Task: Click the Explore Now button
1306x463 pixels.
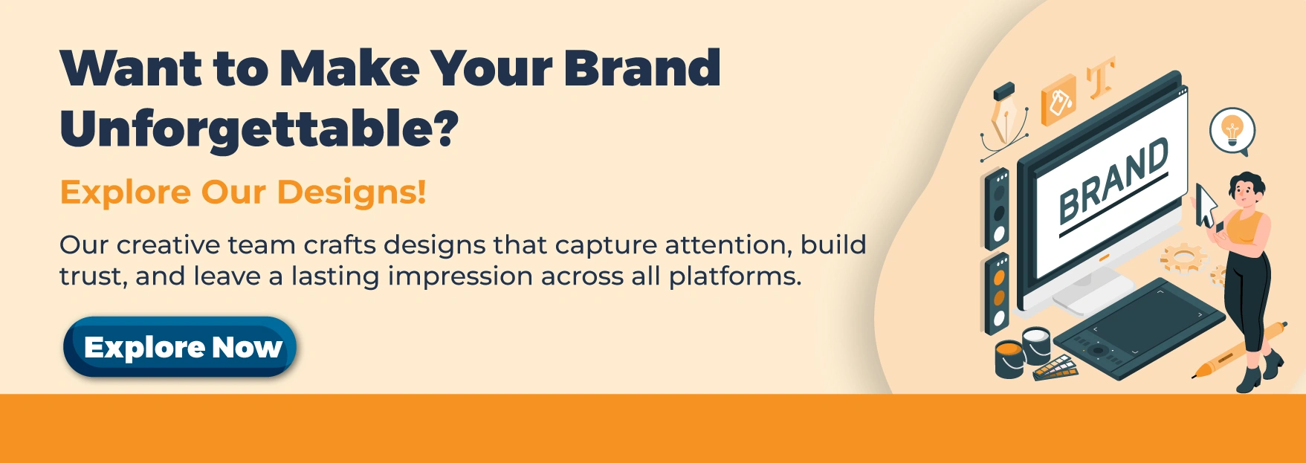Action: click(x=180, y=347)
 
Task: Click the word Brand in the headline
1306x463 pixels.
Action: click(x=641, y=68)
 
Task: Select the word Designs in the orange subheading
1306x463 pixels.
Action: click(x=351, y=192)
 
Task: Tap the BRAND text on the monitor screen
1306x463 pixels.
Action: click(x=1112, y=181)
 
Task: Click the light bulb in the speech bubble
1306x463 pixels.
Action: click(x=1232, y=129)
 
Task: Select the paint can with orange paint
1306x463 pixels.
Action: click(x=1009, y=359)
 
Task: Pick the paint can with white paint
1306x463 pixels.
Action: click(x=1036, y=343)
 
